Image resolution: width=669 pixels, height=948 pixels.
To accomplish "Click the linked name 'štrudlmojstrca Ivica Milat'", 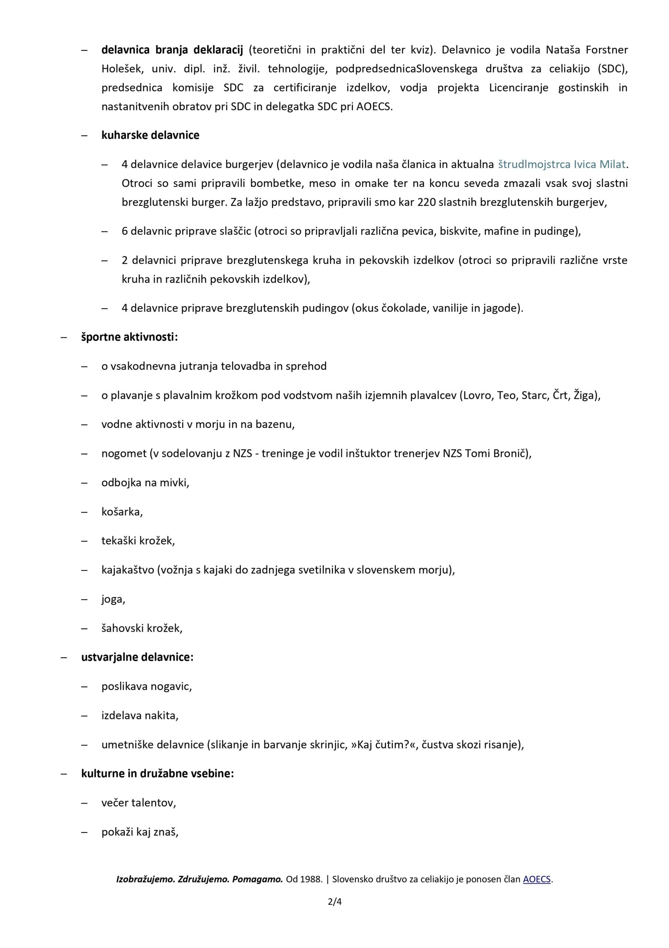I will click(562, 164).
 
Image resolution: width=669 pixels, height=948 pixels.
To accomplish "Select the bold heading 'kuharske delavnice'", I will click(150, 135).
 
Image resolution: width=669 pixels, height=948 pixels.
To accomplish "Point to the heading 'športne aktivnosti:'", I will click(129, 337).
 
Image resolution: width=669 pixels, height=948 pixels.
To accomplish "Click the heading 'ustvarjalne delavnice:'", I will click(137, 657).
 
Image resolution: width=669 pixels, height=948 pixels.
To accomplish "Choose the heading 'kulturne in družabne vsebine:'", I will click(157, 773).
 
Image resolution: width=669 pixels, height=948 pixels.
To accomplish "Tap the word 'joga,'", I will click(113, 599).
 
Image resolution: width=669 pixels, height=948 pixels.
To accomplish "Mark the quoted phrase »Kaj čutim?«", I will click(383, 744).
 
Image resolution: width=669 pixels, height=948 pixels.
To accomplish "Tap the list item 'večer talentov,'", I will click(139, 803).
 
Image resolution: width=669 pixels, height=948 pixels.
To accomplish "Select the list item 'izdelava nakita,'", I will click(140, 715).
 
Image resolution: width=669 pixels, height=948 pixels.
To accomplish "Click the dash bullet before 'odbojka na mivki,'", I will click(85, 483).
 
